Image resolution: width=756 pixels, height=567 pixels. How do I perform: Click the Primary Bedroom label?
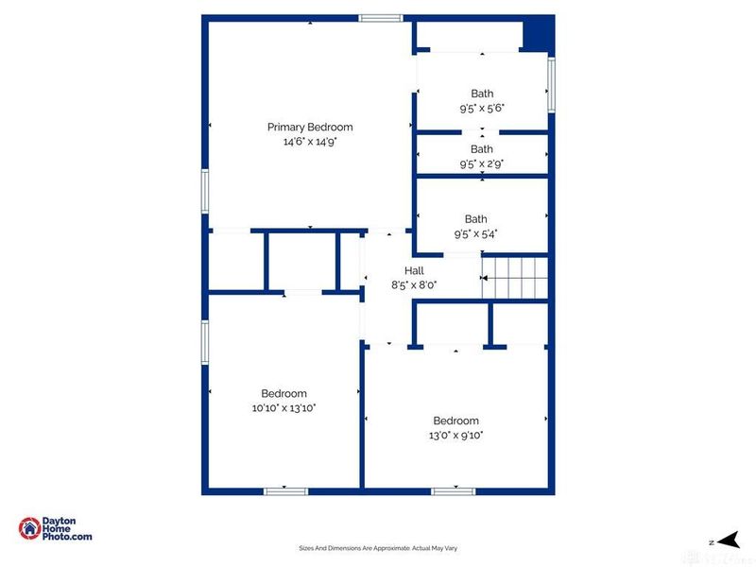point(310,127)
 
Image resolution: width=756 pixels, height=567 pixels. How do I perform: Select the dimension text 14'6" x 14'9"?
point(310,142)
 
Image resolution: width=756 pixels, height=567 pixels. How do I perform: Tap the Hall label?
point(414,270)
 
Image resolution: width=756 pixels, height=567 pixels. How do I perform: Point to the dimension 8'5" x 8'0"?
point(414,284)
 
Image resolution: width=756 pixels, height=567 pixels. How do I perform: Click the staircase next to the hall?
point(515,278)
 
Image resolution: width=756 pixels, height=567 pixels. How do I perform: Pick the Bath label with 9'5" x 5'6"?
point(482,94)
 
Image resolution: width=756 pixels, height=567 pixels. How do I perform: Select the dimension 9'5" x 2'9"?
point(482,163)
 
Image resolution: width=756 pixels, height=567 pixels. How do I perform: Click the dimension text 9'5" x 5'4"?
point(482,233)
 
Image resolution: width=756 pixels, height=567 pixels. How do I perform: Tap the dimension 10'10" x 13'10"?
point(283,408)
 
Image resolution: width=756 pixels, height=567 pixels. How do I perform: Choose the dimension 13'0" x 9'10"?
point(455,435)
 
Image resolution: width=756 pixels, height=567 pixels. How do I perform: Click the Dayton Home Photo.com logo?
point(57,528)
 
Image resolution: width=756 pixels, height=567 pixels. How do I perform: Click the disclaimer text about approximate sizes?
point(378,548)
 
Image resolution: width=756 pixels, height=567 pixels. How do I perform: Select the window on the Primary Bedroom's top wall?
point(381,18)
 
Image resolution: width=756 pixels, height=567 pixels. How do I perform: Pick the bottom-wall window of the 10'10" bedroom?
point(285,490)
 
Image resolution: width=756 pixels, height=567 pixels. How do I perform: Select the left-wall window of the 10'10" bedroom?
point(204,342)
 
